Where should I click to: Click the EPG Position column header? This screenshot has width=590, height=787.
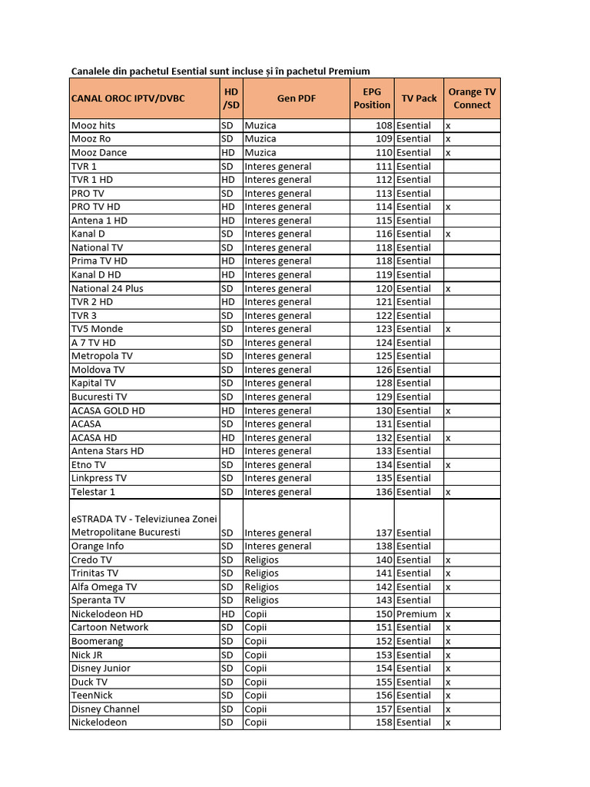(372, 98)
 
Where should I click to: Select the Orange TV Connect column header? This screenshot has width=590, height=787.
(472, 98)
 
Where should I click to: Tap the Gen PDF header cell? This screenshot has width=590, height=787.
(296, 98)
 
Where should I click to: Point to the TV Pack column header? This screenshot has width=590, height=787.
(419, 98)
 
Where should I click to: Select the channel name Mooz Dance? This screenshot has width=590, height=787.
(99, 152)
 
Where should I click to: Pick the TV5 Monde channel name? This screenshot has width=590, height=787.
(97, 329)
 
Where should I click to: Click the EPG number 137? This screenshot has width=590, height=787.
(383, 533)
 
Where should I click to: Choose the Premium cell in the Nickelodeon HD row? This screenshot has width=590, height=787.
(416, 614)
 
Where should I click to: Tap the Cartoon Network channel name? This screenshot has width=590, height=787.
(110, 627)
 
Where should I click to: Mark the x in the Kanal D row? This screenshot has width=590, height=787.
(448, 234)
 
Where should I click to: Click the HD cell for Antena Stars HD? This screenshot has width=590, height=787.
(228, 451)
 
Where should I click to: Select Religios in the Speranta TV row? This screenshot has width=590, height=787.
(262, 600)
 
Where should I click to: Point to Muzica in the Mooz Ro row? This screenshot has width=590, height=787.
(260, 139)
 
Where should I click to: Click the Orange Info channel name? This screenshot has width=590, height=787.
(98, 546)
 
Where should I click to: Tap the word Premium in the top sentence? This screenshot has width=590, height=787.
(350, 71)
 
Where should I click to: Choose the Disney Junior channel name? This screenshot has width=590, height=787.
(101, 668)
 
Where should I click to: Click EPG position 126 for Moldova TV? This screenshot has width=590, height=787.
(383, 370)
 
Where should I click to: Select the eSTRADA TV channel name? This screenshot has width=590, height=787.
(144, 526)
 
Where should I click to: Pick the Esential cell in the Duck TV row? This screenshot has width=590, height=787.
(414, 682)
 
